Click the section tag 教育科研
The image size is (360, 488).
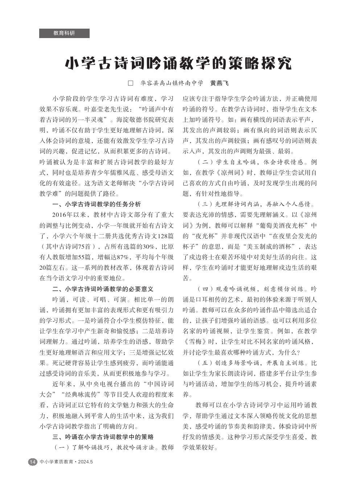(64, 33)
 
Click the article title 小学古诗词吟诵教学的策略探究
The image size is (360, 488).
(178, 63)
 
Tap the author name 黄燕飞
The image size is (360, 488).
(220, 83)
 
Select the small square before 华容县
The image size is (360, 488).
(131, 83)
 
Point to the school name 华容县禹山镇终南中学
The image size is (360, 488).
(172, 83)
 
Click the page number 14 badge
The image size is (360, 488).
(33, 462)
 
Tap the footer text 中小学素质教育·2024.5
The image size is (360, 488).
(67, 462)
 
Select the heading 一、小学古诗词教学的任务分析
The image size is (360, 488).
(97, 204)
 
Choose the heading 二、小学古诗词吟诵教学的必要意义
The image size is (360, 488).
(103, 289)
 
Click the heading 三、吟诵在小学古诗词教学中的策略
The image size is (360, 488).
(103, 437)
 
